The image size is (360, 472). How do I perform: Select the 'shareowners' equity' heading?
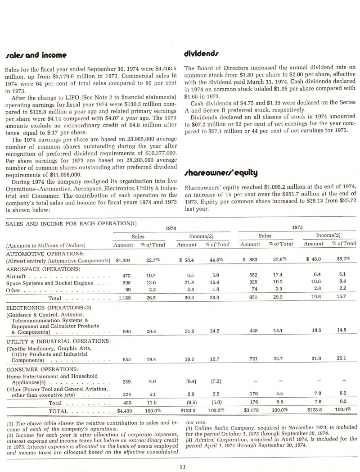(215, 172)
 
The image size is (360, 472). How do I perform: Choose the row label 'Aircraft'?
(15, 275)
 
